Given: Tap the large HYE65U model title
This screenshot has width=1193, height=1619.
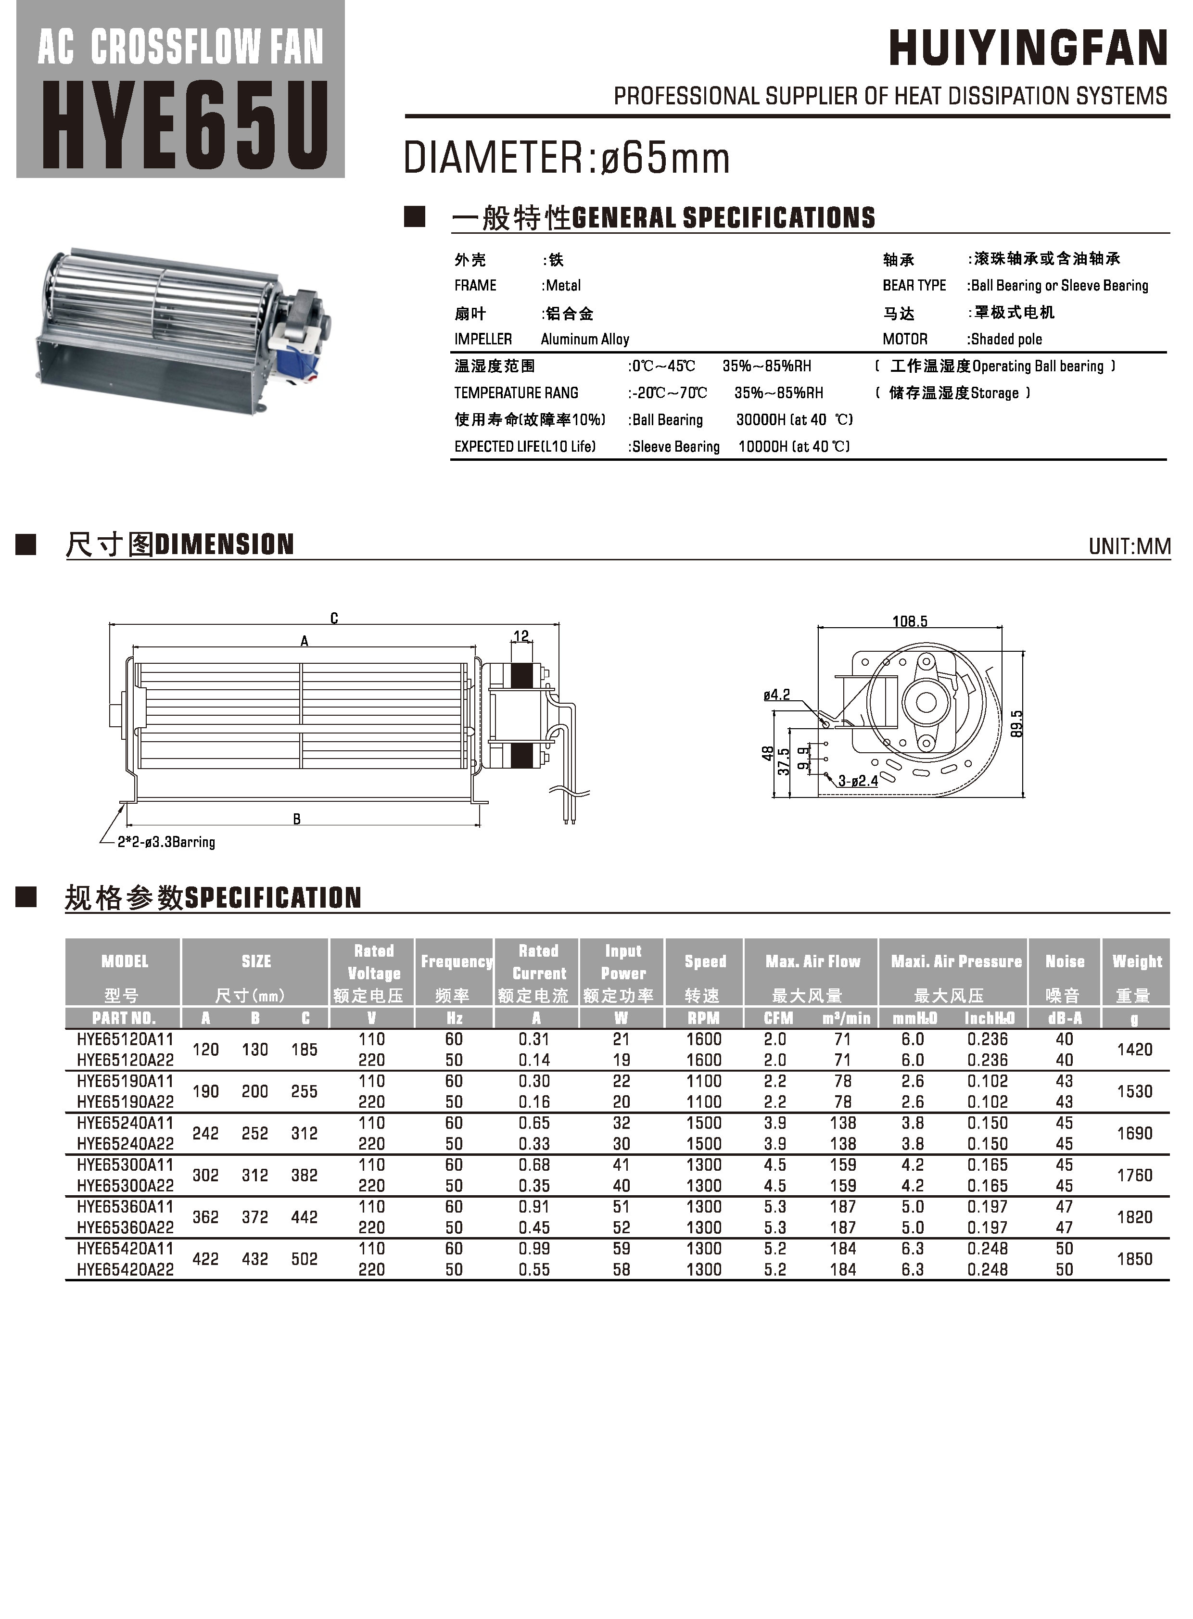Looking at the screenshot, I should click(x=185, y=126).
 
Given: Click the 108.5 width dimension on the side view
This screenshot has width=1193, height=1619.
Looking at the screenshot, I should click(x=909, y=621).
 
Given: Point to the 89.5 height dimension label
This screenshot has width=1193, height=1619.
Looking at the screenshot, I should click(x=1017, y=723).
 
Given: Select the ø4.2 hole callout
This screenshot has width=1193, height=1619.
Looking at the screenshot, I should click(x=776, y=695).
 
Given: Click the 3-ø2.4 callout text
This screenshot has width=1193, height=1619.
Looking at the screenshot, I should click(x=858, y=781).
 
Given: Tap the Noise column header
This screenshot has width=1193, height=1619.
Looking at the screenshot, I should click(x=1065, y=961).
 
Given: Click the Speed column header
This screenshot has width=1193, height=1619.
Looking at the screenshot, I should click(x=705, y=961).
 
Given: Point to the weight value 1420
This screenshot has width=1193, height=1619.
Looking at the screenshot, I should click(x=1134, y=1049).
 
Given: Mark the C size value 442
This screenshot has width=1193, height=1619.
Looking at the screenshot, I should click(x=304, y=1217).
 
